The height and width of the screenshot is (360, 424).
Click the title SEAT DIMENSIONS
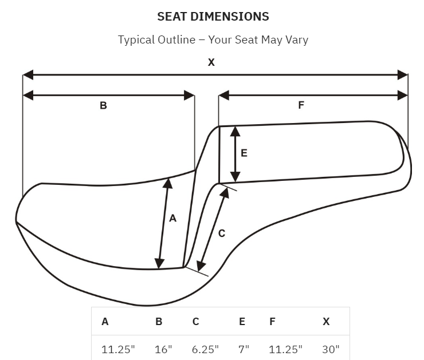point(213,17)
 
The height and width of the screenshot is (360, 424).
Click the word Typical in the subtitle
point(136,40)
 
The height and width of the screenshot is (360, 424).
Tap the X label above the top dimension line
point(211,62)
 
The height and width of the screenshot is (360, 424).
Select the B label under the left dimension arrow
point(103,105)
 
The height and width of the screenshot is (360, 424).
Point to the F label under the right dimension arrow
point(301,105)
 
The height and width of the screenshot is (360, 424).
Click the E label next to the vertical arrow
point(244,153)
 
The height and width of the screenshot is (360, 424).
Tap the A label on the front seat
point(173,218)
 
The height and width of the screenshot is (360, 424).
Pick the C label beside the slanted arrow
point(222,234)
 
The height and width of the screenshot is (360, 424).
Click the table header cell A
point(105,322)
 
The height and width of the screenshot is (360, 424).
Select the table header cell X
point(326,322)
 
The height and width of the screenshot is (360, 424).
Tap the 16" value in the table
point(163,350)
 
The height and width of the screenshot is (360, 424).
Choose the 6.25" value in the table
point(205,350)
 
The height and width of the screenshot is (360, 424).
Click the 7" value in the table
point(244,350)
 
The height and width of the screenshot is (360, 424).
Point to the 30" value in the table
point(331,350)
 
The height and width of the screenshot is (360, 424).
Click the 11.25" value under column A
point(118,350)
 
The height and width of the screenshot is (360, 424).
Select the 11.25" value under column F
point(285,350)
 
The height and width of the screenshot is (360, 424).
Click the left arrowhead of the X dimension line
point(28,75)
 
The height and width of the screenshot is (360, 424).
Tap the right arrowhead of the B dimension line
point(189,96)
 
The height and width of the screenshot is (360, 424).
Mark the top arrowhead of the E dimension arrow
point(235,132)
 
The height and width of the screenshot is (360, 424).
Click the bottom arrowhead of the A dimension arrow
point(159,263)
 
